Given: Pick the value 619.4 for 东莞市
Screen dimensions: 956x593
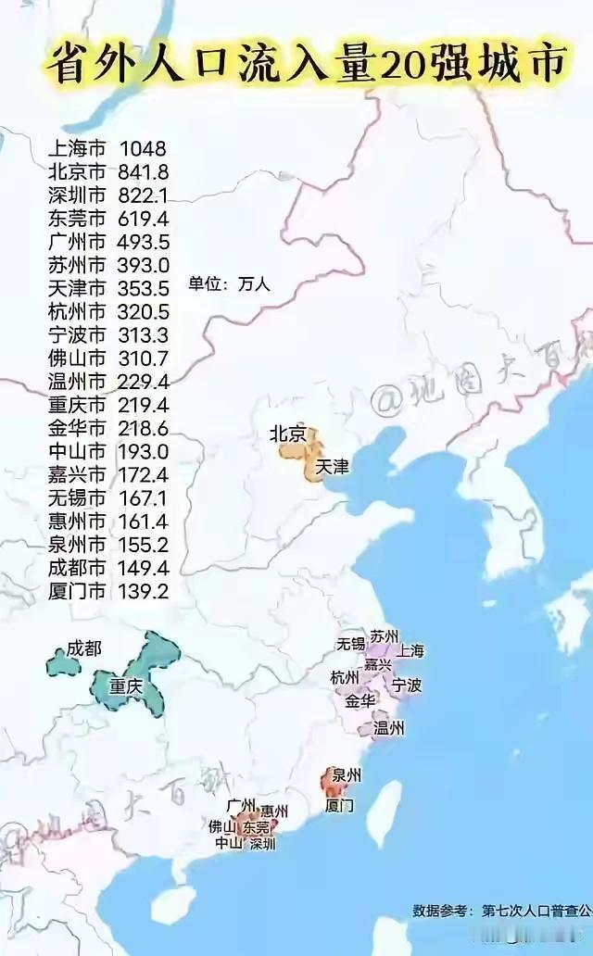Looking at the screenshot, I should [144, 219].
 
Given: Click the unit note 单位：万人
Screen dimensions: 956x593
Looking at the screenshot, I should [229, 284].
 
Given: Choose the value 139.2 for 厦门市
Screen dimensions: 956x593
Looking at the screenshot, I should [144, 589].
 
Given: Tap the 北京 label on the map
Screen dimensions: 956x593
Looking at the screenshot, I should [285, 434].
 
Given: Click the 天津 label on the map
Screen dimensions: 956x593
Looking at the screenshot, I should [332, 467].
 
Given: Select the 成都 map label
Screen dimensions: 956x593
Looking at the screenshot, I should [84, 649].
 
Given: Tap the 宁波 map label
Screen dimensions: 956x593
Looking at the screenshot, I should [407, 686].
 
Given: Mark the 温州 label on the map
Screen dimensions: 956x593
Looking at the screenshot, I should [388, 728].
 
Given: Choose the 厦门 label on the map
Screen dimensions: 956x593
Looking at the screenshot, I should [340, 805].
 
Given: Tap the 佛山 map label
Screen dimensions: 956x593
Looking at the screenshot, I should [222, 825].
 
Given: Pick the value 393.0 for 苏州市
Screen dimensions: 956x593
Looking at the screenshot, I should [144, 265].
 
